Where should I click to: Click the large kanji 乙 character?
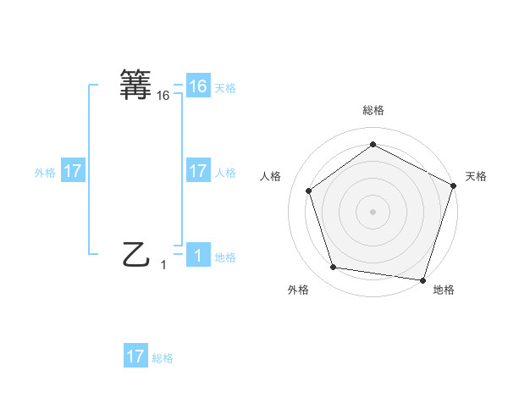(x=136, y=253)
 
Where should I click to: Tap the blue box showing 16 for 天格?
(x=198, y=86)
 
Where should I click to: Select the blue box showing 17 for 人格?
(x=198, y=171)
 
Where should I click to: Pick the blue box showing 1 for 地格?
(x=198, y=256)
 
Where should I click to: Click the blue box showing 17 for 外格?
(x=73, y=171)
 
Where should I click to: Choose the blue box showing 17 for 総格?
(x=135, y=357)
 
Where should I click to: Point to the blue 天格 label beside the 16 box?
(x=225, y=87)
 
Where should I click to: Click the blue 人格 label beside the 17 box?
(x=225, y=172)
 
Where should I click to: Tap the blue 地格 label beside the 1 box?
(x=225, y=257)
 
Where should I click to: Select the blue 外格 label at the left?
(x=45, y=172)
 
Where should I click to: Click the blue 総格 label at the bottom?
(x=163, y=357)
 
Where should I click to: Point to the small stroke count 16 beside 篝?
(x=163, y=97)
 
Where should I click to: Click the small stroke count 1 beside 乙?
(x=163, y=265)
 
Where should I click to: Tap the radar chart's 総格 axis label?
(x=373, y=111)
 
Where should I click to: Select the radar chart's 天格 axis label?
(x=476, y=176)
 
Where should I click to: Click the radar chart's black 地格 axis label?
(x=444, y=290)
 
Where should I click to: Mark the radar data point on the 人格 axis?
(x=309, y=191)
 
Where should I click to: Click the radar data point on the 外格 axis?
(x=334, y=268)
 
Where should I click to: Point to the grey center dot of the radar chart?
(x=373, y=211)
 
